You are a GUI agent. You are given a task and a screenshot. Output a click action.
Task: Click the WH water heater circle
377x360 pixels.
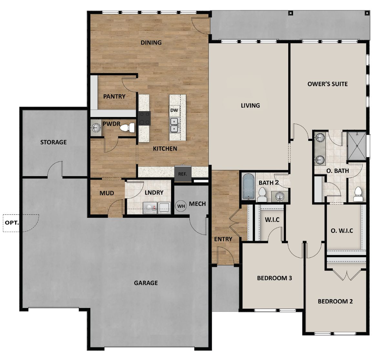[x=181, y=206]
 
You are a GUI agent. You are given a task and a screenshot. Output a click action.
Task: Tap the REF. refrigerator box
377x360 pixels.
[x=183, y=174]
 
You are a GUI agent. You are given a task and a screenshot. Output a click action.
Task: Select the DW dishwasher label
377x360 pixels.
[x=174, y=111]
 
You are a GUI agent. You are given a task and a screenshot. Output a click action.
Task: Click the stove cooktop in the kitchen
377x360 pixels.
[x=144, y=118]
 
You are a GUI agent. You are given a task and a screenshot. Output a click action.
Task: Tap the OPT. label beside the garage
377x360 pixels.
[x=12, y=223]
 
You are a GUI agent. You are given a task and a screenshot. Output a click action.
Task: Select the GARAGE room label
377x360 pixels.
[x=146, y=283]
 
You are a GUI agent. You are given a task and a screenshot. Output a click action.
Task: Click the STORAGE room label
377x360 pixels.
[x=54, y=142]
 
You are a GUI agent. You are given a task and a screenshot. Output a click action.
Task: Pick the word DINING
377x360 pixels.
[x=151, y=42]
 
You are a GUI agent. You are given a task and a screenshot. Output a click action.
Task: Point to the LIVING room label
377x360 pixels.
[x=250, y=105]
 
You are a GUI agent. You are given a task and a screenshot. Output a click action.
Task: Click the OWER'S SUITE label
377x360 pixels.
[x=327, y=84]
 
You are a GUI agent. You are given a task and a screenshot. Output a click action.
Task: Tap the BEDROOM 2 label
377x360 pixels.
[x=335, y=302]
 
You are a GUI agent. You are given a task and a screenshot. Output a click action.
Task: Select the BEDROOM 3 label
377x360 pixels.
[x=274, y=278]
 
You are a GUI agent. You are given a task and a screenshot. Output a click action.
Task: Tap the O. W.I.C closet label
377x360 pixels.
[x=342, y=231]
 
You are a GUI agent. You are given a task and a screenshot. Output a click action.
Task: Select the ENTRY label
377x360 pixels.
[x=223, y=239]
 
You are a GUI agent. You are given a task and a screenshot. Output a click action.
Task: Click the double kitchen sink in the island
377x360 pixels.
[x=175, y=125]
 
